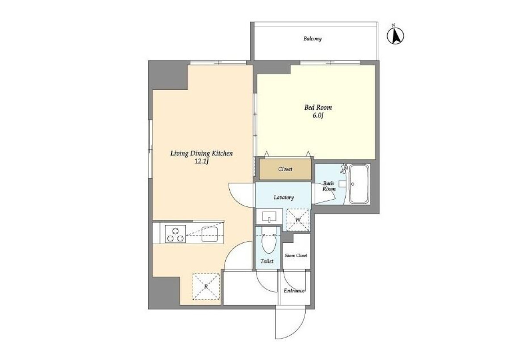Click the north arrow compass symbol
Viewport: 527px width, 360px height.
click(395, 36)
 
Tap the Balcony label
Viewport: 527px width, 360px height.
click(312, 39)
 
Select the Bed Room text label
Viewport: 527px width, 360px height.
click(318, 108)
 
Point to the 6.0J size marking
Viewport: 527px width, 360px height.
click(318, 116)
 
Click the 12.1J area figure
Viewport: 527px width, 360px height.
click(202, 162)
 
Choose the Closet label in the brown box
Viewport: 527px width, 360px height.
click(285, 169)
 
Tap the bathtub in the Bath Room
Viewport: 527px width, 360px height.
click(359, 184)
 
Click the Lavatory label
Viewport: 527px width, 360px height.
click(284, 197)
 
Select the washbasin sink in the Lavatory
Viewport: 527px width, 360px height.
click(269, 216)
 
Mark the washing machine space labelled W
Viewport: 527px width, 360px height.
click(298, 220)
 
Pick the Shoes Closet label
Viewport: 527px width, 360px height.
click(296, 256)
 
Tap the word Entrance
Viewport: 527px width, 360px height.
click(294, 291)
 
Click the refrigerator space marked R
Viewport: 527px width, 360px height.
click(206, 286)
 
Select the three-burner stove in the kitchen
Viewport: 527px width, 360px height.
click(175, 234)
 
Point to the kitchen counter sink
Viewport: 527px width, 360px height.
click(209, 234)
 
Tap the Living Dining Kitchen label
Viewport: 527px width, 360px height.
click(202, 154)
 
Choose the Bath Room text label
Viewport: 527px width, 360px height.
click(328, 186)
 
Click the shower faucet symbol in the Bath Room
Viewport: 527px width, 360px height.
click(344, 168)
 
